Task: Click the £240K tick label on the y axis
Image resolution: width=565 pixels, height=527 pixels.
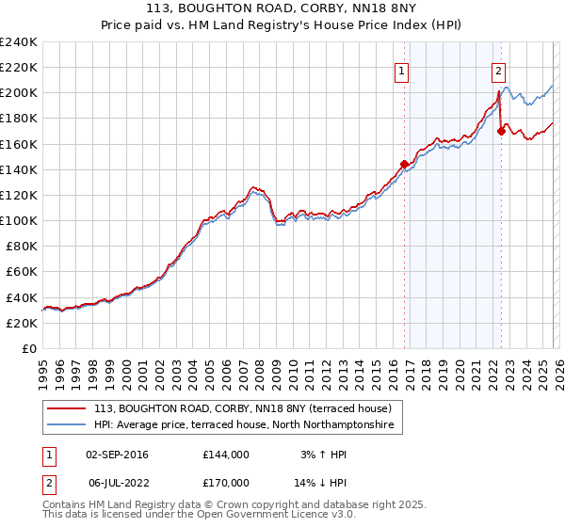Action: pyautogui.click(x=18, y=42)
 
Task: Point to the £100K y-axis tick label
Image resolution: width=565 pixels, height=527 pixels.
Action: pyautogui.click(x=18, y=220)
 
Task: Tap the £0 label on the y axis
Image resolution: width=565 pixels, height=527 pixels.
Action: pyautogui.click(x=29, y=348)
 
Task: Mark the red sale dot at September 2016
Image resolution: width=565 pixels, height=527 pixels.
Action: pyautogui.click(x=404, y=164)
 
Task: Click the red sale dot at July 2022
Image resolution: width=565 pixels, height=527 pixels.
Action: pyautogui.click(x=501, y=132)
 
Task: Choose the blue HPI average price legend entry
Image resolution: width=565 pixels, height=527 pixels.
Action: pyautogui.click(x=248, y=426)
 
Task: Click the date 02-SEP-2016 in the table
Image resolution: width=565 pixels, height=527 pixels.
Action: pyautogui.click(x=117, y=455)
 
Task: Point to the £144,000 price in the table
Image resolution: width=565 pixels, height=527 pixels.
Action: pyautogui.click(x=225, y=455)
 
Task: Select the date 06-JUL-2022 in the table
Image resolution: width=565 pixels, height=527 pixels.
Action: pyautogui.click(x=117, y=483)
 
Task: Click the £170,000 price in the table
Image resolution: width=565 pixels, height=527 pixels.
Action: pyautogui.click(x=225, y=483)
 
